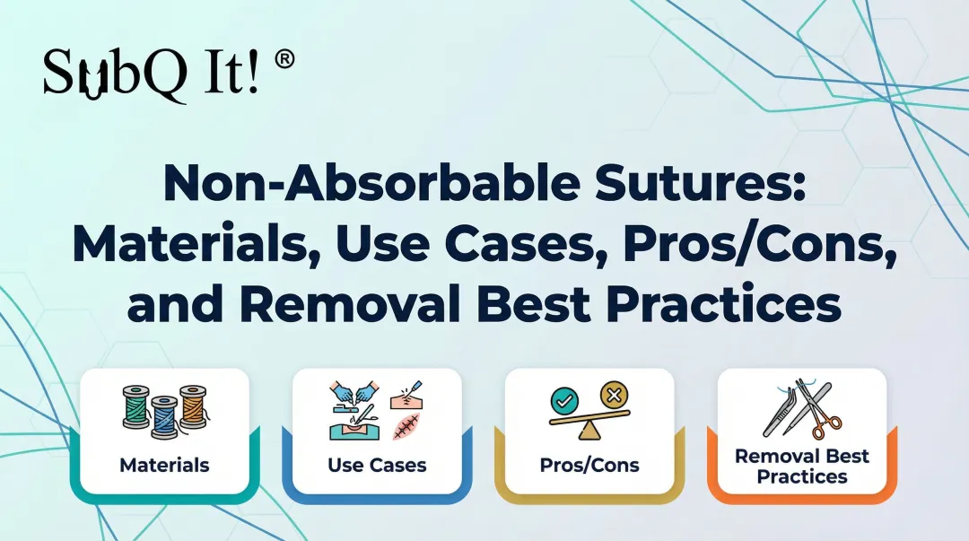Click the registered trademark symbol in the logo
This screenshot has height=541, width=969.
click(284, 61)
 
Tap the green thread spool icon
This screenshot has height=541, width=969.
click(137, 407)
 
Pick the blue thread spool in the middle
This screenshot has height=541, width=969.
click(165, 416)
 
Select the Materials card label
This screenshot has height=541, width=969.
click(164, 465)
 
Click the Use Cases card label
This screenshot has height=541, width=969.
click(377, 465)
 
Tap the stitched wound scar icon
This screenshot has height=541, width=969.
click(406, 424)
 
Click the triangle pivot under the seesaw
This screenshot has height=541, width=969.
click(589, 432)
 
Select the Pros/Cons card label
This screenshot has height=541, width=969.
click(589, 465)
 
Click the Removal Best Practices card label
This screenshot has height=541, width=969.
click(801, 466)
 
